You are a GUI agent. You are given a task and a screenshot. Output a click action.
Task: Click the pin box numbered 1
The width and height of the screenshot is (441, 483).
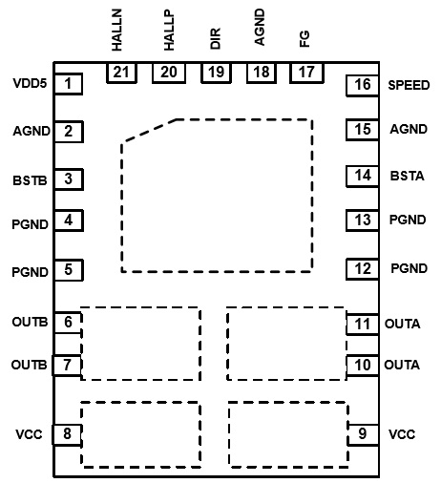tap(69, 84)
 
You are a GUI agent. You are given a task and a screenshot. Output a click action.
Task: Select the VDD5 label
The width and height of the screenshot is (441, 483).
tap(30, 83)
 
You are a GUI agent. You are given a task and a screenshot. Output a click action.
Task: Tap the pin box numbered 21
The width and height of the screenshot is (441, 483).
tap(121, 73)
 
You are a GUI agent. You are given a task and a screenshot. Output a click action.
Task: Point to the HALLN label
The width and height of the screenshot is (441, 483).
tap(116, 30)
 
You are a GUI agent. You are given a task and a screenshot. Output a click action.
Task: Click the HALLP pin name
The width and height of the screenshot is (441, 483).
tap(169, 31)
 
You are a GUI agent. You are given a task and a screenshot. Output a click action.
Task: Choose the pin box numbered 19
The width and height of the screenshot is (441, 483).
tap(216, 73)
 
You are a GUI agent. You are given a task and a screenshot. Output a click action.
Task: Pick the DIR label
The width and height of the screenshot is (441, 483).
tap(216, 38)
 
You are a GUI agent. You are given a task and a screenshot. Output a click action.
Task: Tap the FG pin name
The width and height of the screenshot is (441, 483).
tap(304, 39)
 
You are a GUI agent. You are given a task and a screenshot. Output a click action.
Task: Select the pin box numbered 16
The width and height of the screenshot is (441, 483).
tap(363, 85)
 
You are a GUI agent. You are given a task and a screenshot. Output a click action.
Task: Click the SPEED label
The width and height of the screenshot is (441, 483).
tap(409, 85)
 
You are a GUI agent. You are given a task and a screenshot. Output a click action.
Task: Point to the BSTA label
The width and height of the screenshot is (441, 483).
tap(408, 176)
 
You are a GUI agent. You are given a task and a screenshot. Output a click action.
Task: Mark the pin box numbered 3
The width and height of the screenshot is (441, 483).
tap(69, 179)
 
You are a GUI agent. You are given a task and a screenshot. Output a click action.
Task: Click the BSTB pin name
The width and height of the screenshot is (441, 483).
tap(30, 180)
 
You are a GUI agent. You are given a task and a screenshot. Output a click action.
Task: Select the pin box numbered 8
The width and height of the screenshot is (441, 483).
tap(67, 434)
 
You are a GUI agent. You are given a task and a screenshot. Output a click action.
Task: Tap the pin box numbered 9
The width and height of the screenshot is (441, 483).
tap(363, 434)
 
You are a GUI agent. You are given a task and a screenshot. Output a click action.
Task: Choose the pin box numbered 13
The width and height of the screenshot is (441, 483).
tap(363, 220)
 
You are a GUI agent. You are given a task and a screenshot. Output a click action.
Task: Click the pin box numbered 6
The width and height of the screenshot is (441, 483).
tap(69, 323)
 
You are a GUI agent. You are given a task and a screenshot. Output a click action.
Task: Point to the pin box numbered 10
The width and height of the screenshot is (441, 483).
tap(363, 366)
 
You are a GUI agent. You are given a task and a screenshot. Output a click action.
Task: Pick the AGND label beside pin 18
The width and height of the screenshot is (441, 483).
tap(260, 27)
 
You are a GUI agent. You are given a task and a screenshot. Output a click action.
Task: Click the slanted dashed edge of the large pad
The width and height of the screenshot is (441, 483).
tap(149, 131)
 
